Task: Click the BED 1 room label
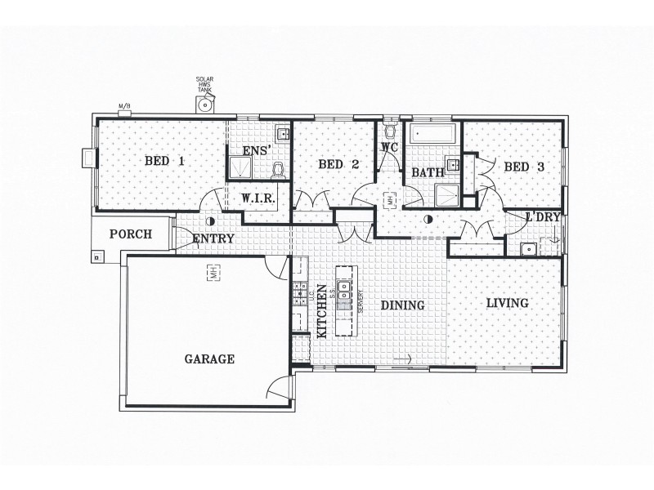(164, 161)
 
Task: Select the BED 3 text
(524, 167)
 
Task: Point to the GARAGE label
(209, 359)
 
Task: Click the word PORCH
(131, 234)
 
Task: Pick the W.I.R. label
(257, 198)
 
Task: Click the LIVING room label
(508, 303)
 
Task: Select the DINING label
(402, 306)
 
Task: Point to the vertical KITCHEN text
(321, 311)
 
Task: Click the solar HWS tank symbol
(204, 104)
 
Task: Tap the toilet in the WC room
(389, 131)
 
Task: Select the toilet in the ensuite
(278, 170)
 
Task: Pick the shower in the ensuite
(243, 168)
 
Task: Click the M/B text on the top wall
(124, 107)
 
